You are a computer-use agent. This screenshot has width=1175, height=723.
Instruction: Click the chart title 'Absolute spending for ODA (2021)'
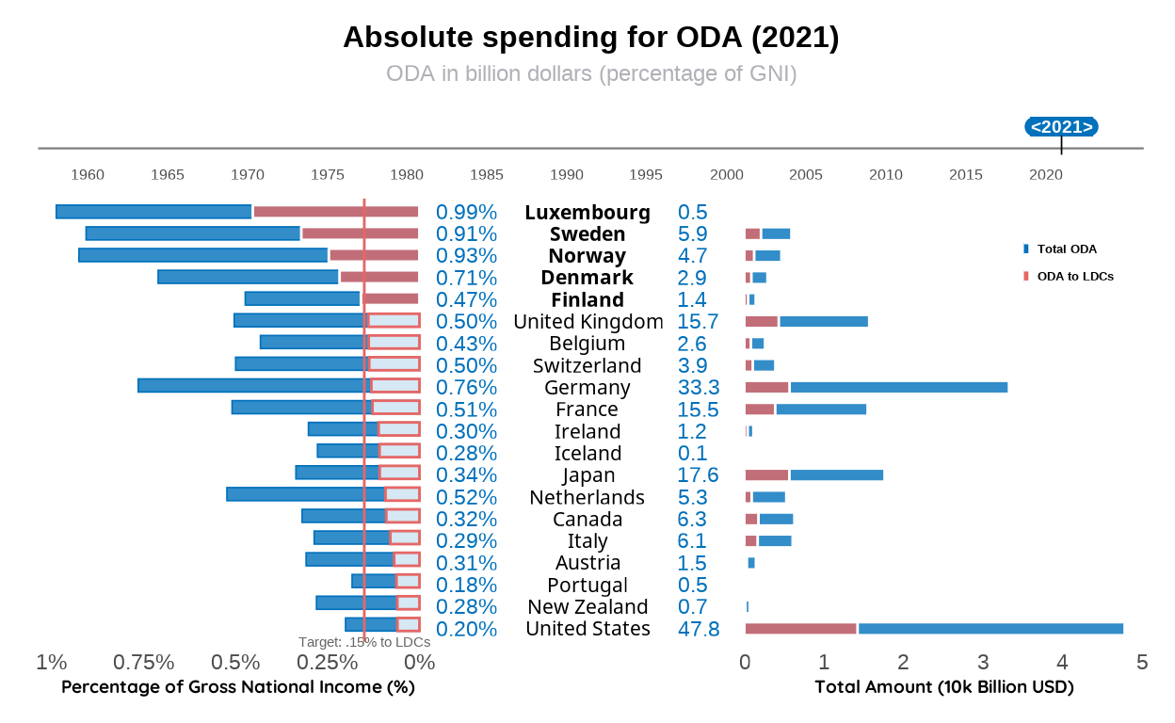coord(590,38)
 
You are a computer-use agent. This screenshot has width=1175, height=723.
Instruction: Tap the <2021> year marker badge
coord(1061,127)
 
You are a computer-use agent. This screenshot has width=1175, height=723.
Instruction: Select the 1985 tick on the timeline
coord(487,174)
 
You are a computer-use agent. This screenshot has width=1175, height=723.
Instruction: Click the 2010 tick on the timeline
coord(886,174)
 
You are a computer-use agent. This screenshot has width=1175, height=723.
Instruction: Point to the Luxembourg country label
coord(587,213)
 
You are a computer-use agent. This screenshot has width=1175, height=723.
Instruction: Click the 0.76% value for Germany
coord(466,388)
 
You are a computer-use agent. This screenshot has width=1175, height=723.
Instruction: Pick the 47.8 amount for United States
coord(699,629)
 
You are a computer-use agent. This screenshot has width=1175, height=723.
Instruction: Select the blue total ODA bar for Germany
coord(898,387)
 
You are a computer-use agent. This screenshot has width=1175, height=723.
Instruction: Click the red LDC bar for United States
coord(800,628)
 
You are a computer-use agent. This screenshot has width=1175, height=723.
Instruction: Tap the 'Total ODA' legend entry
coord(1066,249)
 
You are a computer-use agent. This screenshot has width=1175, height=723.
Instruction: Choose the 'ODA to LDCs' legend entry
coord(1074,277)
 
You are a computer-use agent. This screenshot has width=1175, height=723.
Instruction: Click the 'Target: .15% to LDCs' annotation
coord(364,642)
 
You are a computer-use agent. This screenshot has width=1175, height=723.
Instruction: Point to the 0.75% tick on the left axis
coord(144,663)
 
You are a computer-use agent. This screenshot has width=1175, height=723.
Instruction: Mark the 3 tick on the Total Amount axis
coord(983,663)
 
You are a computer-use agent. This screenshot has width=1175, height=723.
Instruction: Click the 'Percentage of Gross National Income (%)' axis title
coord(238,687)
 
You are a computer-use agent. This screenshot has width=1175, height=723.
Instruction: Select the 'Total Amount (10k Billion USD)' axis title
coord(944,687)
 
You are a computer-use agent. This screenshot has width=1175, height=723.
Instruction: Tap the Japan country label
coord(588,475)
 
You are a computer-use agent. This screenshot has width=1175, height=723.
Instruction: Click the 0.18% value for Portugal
coord(466,585)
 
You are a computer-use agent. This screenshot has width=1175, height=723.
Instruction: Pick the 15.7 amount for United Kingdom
coord(698,322)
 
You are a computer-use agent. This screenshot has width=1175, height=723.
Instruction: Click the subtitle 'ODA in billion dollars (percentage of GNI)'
coord(591,73)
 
